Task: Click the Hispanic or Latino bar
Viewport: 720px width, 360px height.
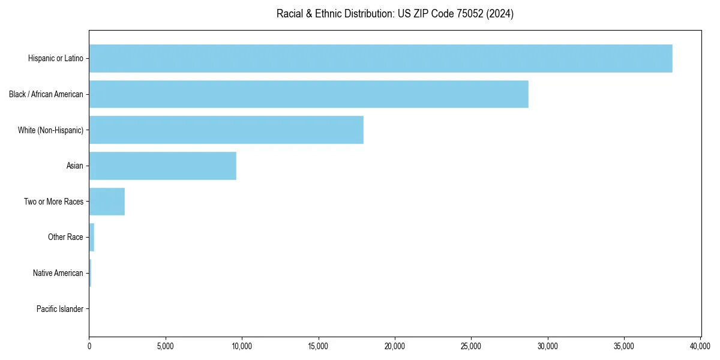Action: point(380,58)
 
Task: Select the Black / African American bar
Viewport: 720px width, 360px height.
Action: point(308,94)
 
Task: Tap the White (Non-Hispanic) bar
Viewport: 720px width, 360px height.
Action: point(226,130)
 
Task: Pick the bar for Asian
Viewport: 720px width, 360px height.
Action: point(163,166)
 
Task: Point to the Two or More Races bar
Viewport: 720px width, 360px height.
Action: point(107,202)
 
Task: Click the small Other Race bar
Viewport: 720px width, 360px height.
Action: point(92,237)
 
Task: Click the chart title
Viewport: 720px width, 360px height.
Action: point(395,14)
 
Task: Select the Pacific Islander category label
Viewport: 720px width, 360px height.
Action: point(60,309)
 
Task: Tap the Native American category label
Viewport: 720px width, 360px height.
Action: point(58,273)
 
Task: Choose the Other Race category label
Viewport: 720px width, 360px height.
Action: point(65,237)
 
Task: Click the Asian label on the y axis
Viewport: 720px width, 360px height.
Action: point(75,166)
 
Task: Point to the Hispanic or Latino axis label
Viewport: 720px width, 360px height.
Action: point(56,58)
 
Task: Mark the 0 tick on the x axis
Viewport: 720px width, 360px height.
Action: point(89,346)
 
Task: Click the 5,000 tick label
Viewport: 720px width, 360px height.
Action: point(166,346)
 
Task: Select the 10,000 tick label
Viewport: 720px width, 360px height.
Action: point(242,346)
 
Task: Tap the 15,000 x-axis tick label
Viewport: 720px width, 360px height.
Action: point(319,346)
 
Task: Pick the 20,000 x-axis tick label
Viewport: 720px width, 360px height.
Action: point(395,346)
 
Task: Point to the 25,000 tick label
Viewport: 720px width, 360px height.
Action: point(471,346)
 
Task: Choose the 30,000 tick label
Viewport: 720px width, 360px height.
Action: point(548,346)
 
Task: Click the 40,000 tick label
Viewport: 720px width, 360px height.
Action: point(700,346)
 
